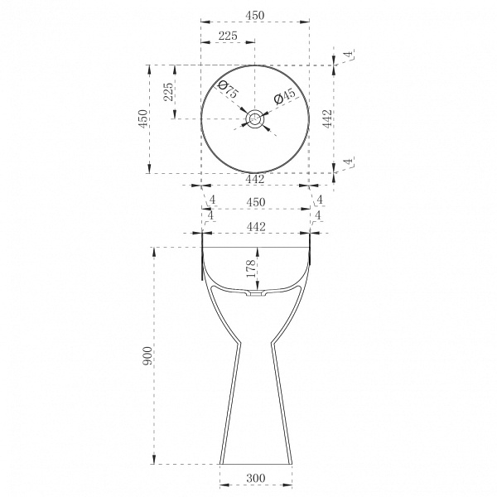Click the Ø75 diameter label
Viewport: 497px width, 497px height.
(x=228, y=89)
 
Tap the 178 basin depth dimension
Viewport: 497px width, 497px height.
(x=251, y=268)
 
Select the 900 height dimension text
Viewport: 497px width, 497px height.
(x=147, y=355)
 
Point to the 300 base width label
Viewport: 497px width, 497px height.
(x=256, y=478)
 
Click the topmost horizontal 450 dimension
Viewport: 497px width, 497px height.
(x=255, y=15)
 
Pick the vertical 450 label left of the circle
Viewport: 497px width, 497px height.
(x=143, y=118)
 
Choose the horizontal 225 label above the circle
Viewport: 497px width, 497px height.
(x=228, y=36)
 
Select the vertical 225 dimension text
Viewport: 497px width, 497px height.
(x=168, y=92)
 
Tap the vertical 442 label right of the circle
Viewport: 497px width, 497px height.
(x=327, y=118)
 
